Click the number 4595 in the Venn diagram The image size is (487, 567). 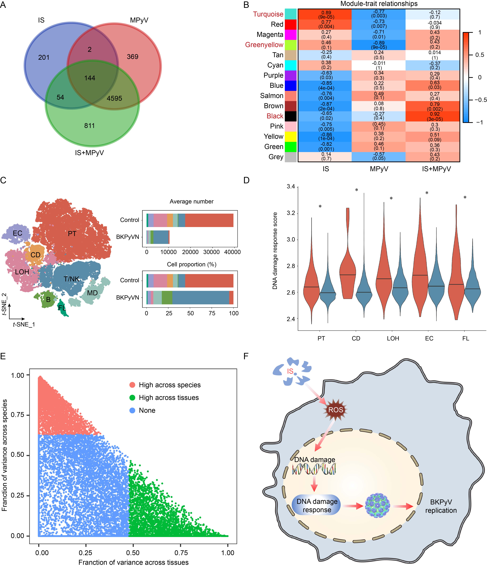[x=114, y=98]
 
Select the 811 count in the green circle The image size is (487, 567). [x=89, y=126]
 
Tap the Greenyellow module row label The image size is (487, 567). [x=264, y=45]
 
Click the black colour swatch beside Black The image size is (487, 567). [x=291, y=116]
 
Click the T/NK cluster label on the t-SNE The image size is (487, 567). [x=71, y=279]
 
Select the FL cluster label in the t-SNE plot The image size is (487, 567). [x=62, y=308]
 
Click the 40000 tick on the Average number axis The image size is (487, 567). [x=232, y=252]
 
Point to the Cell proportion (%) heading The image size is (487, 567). [x=192, y=264]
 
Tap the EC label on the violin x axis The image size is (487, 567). [x=429, y=339]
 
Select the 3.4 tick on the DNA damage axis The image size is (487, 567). [x=291, y=187]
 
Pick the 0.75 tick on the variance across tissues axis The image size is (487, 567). [x=181, y=553]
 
